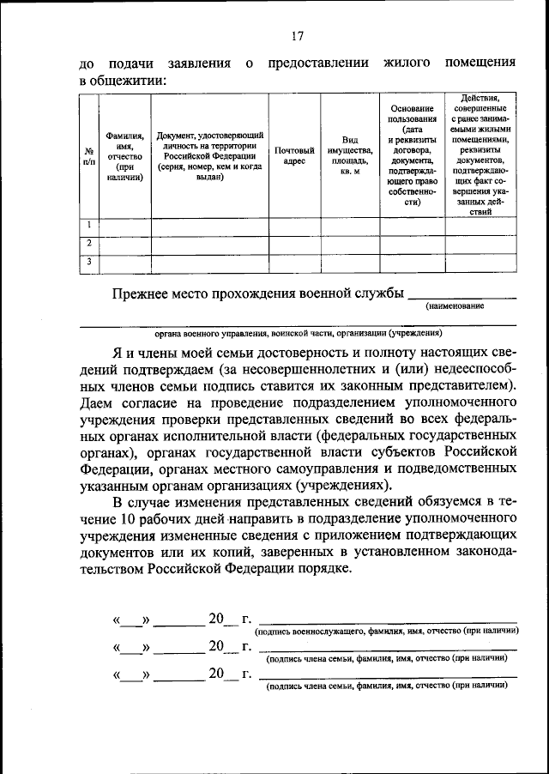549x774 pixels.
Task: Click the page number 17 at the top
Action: point(297,36)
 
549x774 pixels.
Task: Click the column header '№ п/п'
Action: point(87,156)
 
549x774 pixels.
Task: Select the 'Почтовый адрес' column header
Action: point(294,155)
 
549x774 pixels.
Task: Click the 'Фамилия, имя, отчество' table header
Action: point(124,156)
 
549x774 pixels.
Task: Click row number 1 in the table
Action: point(87,226)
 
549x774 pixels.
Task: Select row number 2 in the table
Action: point(87,244)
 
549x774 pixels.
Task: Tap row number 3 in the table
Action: point(87,262)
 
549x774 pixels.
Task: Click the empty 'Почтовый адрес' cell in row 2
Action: point(294,244)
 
